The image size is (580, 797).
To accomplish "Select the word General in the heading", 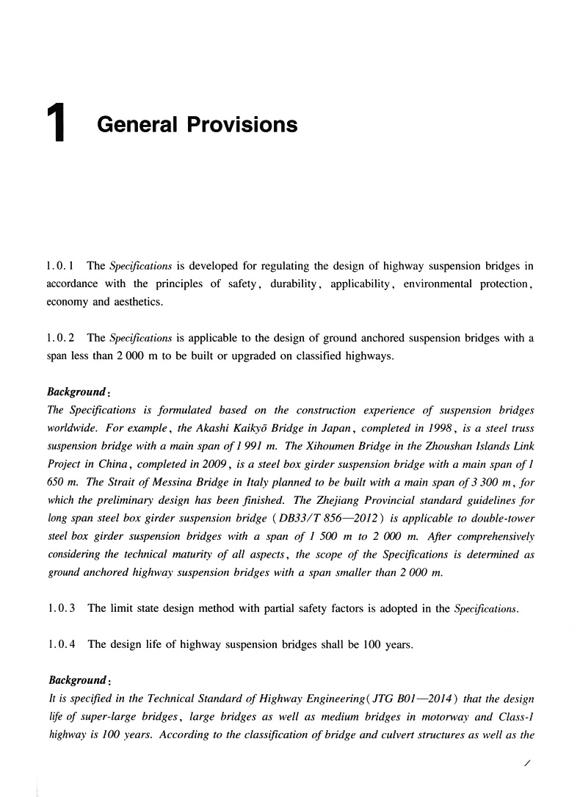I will click(137, 124).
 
